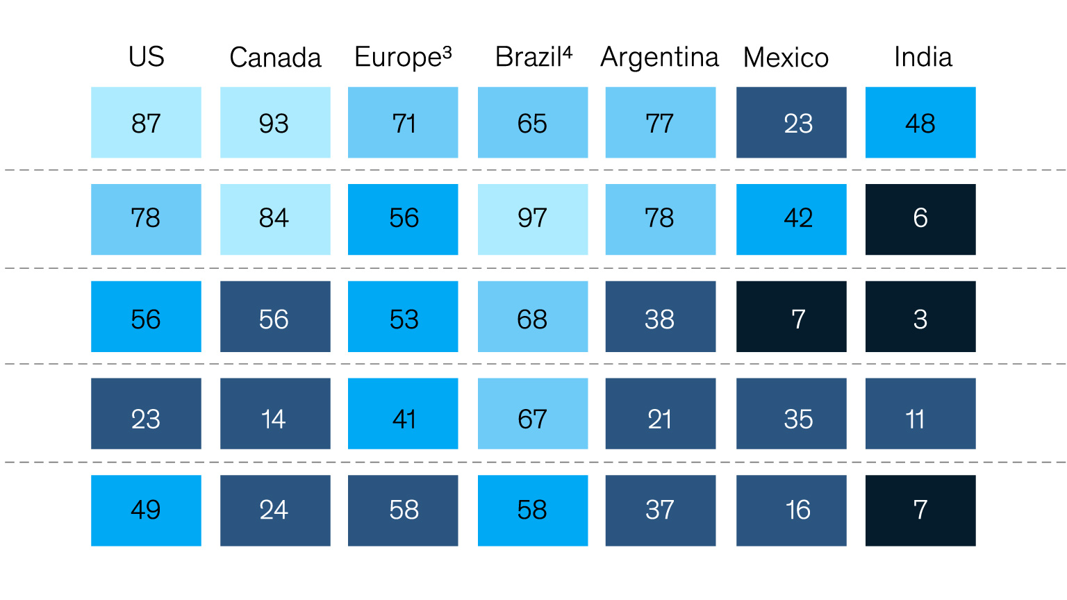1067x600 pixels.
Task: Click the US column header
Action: pyautogui.click(x=147, y=57)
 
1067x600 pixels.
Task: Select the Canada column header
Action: pyautogui.click(x=275, y=58)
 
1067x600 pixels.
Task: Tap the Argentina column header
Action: pyautogui.click(x=660, y=58)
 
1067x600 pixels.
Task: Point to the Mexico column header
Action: pyautogui.click(x=786, y=58)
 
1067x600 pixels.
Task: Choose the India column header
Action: pyautogui.click(x=923, y=57)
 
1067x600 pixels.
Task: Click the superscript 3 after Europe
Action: pyautogui.click(x=447, y=51)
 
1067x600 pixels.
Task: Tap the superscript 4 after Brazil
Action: pyautogui.click(x=567, y=51)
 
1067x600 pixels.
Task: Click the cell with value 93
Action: pyautogui.click(x=275, y=122)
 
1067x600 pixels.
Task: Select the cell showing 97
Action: pyautogui.click(x=533, y=219)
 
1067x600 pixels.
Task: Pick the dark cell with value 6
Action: pyautogui.click(x=920, y=219)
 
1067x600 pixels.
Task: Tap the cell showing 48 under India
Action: pyautogui.click(x=920, y=122)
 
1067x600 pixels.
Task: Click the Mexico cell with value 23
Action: pyautogui.click(x=792, y=122)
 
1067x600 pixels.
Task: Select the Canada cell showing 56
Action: pyautogui.click(x=275, y=317)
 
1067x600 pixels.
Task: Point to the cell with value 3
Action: pyautogui.click(x=920, y=317)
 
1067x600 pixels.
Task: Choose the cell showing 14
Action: pyautogui.click(x=275, y=414)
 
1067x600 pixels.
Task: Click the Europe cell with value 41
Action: pyautogui.click(x=403, y=414)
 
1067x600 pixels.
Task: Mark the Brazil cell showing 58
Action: pyautogui.click(x=533, y=510)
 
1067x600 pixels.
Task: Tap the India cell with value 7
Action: pyautogui.click(x=920, y=510)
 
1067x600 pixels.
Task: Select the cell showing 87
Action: pyautogui.click(x=147, y=122)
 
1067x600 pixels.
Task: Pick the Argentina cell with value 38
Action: pyautogui.click(x=661, y=317)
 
